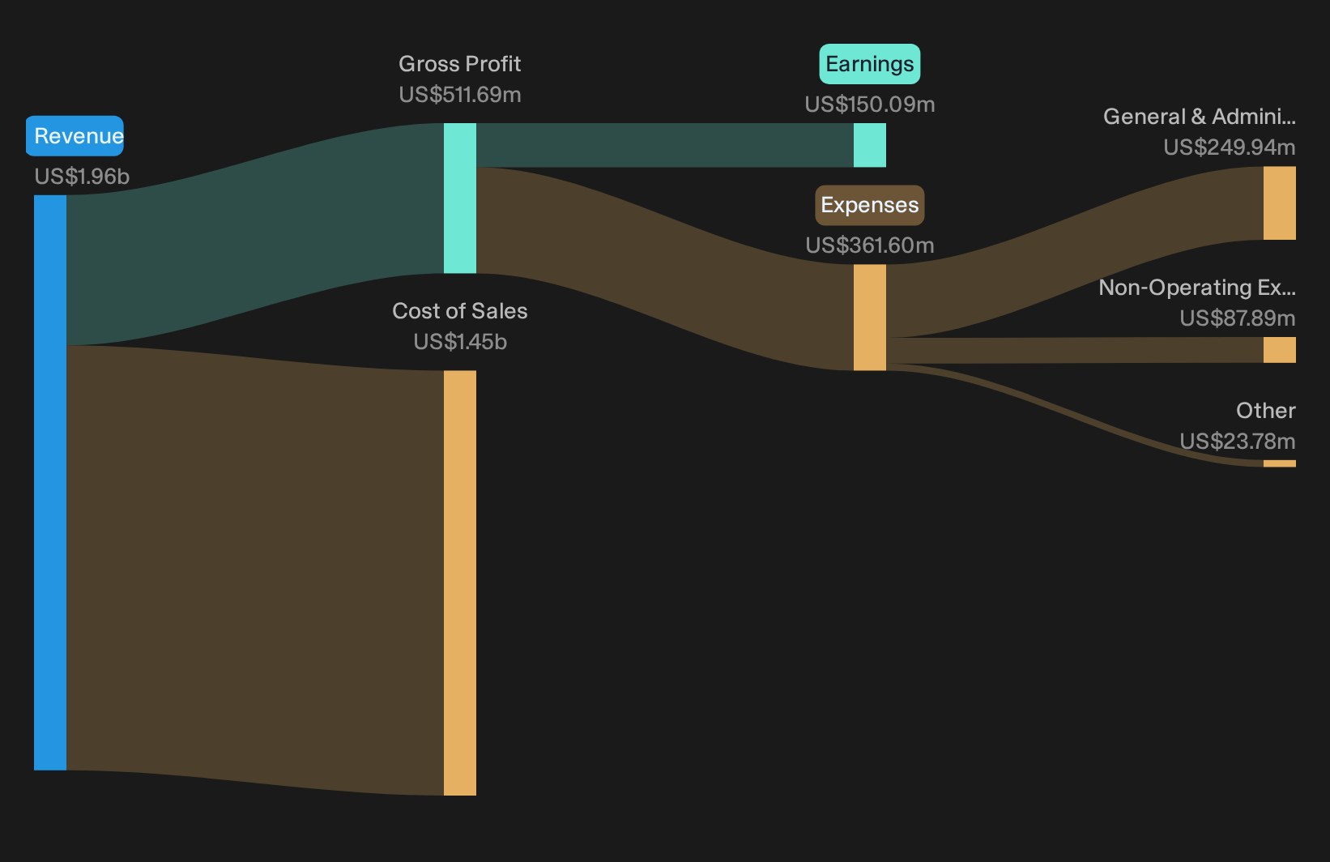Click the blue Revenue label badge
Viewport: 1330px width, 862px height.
(75, 136)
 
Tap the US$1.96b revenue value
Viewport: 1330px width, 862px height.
(82, 177)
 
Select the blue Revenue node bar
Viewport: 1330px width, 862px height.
(50, 482)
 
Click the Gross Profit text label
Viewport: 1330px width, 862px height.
(459, 63)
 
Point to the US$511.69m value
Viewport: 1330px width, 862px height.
(459, 95)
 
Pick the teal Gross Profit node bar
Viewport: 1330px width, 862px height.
(460, 198)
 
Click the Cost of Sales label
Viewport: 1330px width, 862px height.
(459, 311)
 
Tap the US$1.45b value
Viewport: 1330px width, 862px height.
(459, 342)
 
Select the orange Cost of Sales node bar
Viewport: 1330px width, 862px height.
(460, 582)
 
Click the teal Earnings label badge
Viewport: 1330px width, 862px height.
(870, 64)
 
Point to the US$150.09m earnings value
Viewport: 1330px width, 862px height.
(870, 105)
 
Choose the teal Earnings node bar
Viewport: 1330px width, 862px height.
(870, 146)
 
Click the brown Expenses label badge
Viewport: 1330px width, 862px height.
(870, 205)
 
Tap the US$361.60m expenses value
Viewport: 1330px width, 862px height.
(870, 245)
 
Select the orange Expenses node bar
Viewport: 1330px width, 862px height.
(870, 318)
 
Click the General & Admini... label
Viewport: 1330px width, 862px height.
(1200, 117)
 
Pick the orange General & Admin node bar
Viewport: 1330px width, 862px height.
(1280, 203)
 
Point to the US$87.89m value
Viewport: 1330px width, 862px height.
(1238, 318)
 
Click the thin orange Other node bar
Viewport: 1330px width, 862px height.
(1280, 463)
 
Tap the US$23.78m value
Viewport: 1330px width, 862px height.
(1238, 442)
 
